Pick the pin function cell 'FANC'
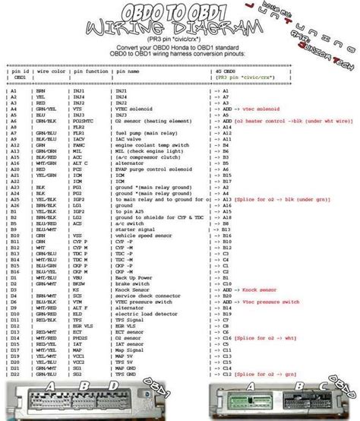tap(79, 146)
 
